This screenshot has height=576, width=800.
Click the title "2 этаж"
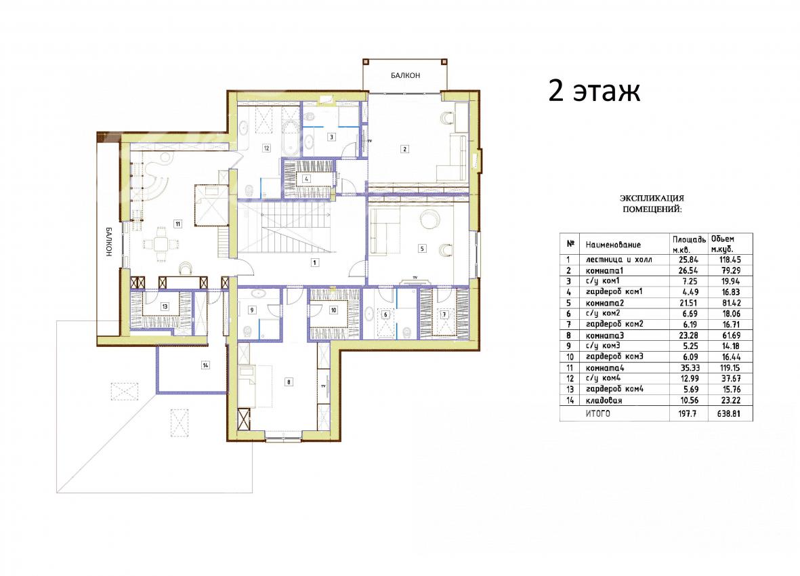coord(594,91)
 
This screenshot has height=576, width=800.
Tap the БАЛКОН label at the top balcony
coord(406,75)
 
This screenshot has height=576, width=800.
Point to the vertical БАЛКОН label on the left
coord(109,241)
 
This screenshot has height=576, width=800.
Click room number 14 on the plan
coord(205,365)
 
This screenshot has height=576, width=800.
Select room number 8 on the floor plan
coord(289,382)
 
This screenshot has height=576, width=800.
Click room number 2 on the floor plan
coord(405,149)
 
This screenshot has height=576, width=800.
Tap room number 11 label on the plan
coord(177,224)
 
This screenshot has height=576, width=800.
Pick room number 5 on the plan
coord(422,249)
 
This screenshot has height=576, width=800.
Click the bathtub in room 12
coord(291,138)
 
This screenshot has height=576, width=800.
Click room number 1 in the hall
coord(315,263)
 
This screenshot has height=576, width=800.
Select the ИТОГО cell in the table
coord(597,414)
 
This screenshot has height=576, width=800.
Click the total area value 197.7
coord(688,414)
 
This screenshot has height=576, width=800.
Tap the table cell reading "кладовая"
coord(604,400)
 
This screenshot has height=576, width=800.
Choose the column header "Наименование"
coord(613,245)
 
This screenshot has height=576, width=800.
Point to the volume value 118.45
coord(730,260)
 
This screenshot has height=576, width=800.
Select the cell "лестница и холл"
coord(618,260)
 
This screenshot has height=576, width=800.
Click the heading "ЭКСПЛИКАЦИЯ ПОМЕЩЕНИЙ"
coord(652,203)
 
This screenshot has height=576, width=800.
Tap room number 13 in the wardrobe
coord(165,306)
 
